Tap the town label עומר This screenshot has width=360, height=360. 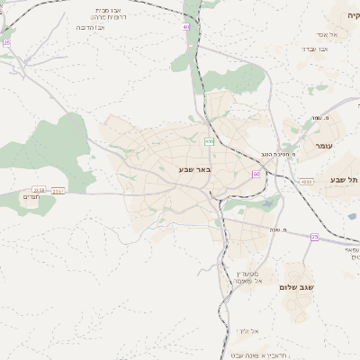click(324, 146)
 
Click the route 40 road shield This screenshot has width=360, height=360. click(186, 27)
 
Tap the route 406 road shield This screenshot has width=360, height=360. click(209, 141)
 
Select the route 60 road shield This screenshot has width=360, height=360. click(256, 173)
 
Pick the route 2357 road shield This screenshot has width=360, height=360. click(59, 190)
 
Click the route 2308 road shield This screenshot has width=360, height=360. click(38, 190)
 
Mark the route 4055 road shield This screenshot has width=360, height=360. click(307, 182)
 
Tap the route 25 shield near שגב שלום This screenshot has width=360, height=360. click(315, 236)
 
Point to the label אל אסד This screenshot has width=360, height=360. click(340, 34)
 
